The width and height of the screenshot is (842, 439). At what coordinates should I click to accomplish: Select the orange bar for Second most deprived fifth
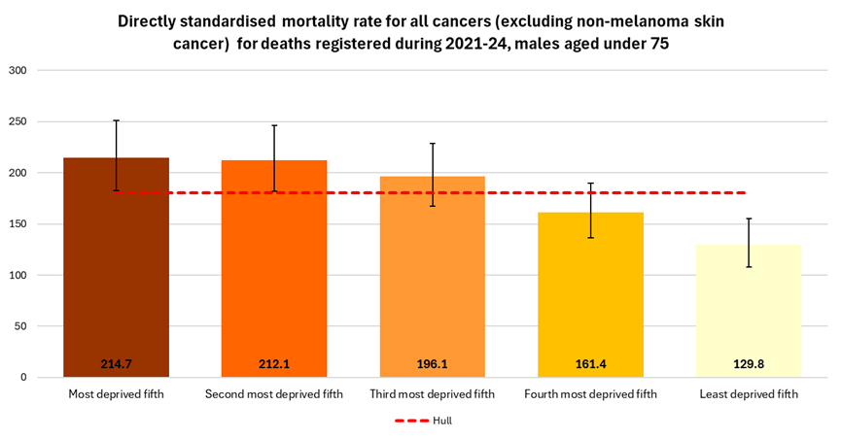274,282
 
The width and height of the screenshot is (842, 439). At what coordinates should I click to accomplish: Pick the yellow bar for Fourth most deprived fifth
590,301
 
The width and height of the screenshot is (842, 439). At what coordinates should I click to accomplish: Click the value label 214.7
116,364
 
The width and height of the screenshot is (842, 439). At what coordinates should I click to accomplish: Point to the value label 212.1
274,364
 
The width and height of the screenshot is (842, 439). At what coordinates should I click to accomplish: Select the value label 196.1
433,364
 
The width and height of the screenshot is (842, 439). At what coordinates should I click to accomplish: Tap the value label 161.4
590,364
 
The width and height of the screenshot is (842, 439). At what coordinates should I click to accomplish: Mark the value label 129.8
749,364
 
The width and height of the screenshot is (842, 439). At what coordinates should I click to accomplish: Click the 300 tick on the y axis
18,71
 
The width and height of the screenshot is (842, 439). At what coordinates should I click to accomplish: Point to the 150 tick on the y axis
18,224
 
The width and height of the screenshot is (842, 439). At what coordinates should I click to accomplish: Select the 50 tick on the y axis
20,326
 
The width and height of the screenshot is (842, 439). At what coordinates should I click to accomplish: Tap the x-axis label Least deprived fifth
749,394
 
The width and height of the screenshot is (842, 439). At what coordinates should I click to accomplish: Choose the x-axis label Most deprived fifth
116,394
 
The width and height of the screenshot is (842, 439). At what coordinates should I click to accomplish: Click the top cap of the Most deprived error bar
116,120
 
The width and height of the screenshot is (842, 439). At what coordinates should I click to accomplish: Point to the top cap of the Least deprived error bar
749,219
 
